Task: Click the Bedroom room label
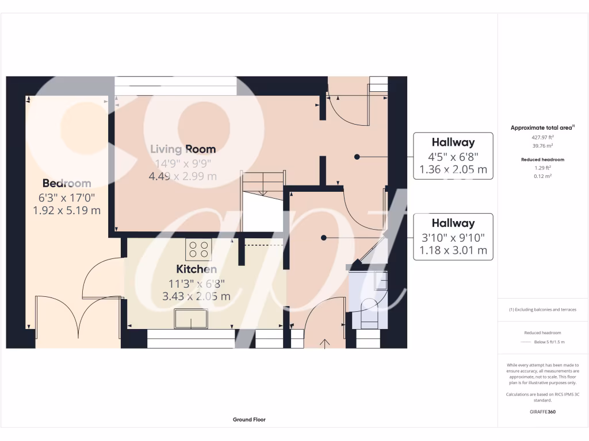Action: coord(67,183)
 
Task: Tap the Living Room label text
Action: coord(183,149)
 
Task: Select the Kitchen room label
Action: coord(196,269)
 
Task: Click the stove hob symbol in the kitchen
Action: coord(198,249)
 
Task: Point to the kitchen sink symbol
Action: coord(191,319)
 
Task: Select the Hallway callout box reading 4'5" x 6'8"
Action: coord(453,156)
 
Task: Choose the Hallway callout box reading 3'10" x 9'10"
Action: coord(453,237)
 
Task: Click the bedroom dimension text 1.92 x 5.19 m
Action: coord(67,210)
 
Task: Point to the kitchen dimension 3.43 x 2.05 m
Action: coord(196,296)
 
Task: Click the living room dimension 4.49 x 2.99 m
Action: coord(183,176)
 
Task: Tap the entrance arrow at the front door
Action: coord(325,343)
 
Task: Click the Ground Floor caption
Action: coord(249,420)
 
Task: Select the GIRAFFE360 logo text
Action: coord(542,412)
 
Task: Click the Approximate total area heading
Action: coord(542,127)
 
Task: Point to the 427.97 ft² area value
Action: coord(542,137)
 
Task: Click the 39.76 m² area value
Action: coord(542,145)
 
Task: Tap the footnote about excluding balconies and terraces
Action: coord(542,310)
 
